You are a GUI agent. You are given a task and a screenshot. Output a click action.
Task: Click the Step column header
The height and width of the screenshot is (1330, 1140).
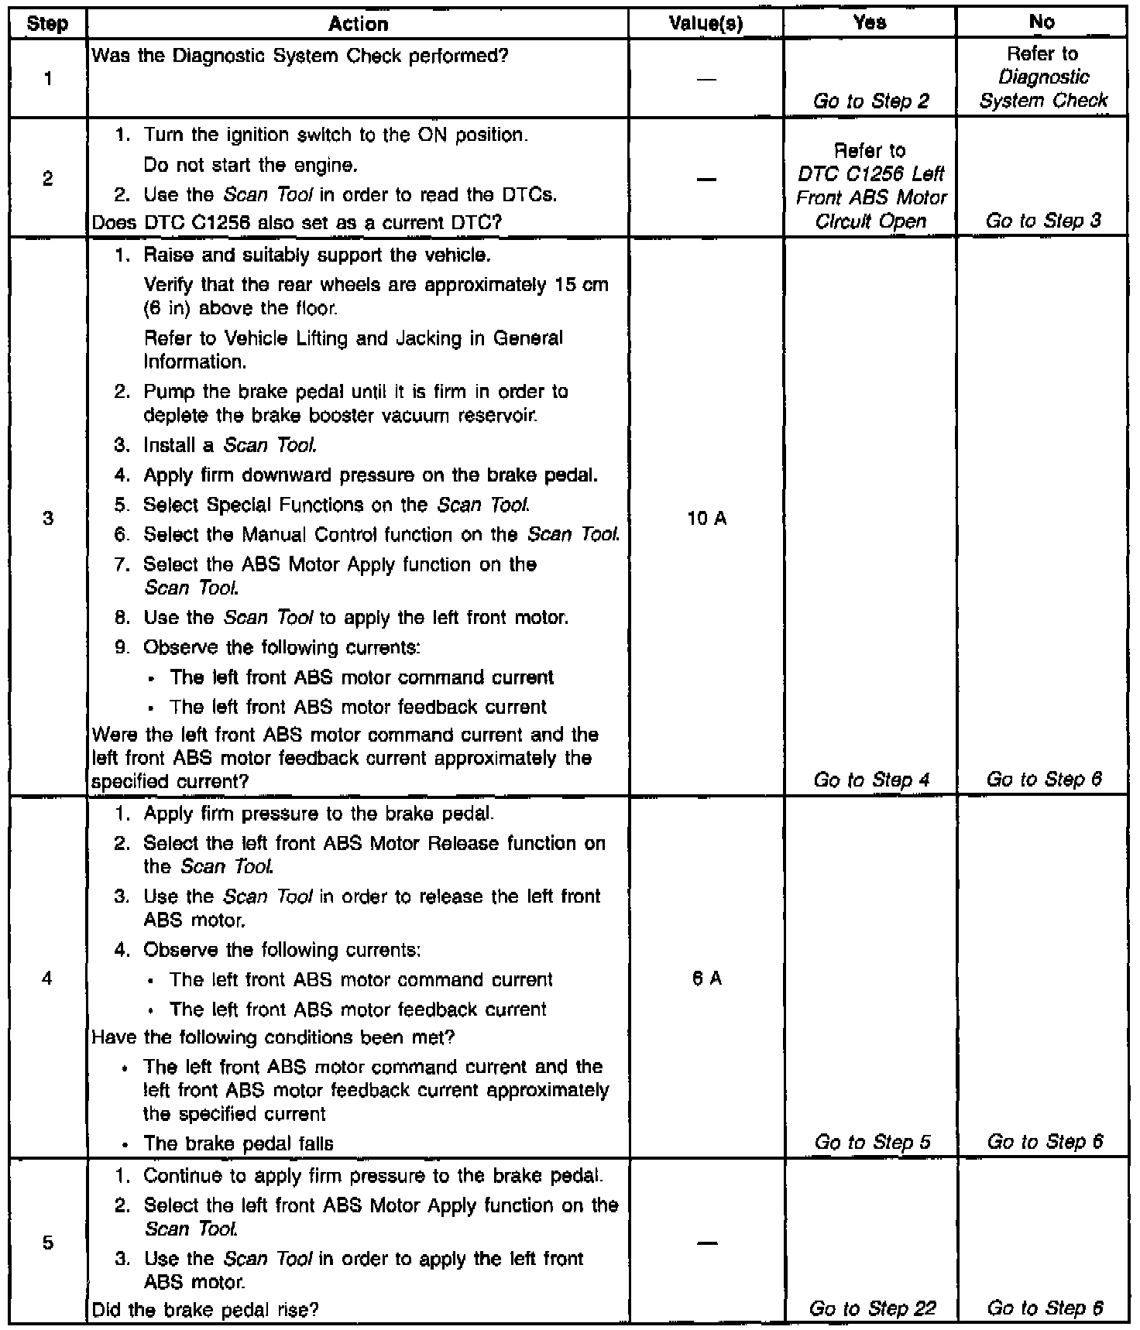(47, 24)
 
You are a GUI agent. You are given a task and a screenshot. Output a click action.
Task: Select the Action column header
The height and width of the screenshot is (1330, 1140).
(358, 24)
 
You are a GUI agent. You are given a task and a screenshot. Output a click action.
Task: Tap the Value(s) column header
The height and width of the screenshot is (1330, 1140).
(706, 24)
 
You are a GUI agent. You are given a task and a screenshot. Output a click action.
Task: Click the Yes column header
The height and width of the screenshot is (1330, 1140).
(870, 22)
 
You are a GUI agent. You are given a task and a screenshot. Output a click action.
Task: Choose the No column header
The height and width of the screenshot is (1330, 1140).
(1042, 22)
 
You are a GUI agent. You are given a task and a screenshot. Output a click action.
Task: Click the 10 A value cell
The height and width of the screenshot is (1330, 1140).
(706, 518)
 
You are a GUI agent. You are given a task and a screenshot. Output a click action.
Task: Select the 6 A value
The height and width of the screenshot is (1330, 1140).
(706, 979)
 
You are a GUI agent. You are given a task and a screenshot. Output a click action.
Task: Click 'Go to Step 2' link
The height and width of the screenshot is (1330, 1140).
(871, 101)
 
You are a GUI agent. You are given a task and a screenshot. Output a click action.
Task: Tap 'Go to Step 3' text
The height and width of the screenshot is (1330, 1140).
(1043, 221)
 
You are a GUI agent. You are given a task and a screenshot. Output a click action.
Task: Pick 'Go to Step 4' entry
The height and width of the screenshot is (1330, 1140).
(871, 780)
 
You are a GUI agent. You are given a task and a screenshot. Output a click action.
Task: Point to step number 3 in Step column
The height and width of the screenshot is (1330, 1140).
(48, 518)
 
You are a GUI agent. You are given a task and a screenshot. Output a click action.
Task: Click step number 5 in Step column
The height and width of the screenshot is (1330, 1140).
(48, 1243)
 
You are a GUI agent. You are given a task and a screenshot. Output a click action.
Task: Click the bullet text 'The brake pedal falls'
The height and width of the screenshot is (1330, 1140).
(239, 1143)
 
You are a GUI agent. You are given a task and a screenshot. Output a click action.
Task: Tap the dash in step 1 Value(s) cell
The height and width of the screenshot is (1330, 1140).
(706, 79)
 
